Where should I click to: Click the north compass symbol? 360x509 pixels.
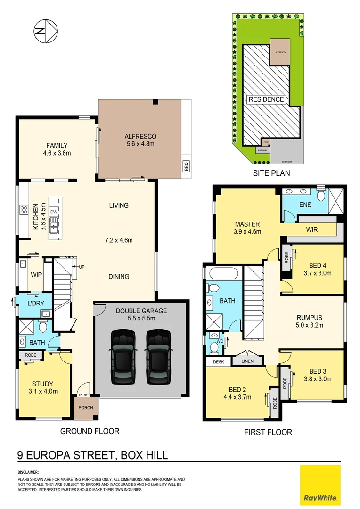point(46,31)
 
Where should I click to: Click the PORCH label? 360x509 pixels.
point(86,408)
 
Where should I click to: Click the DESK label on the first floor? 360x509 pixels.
point(218,361)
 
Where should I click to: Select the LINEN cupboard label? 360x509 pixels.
point(248,361)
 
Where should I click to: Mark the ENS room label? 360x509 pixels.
point(306,205)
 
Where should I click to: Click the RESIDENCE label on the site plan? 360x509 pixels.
point(266,99)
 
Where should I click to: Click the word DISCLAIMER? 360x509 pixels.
point(28,472)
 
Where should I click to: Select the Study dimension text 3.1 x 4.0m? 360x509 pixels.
point(43,391)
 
